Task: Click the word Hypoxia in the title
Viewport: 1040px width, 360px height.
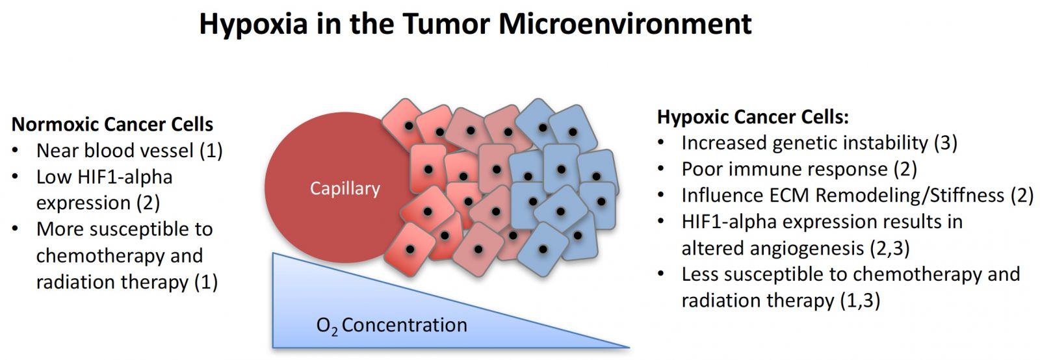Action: pos(253,25)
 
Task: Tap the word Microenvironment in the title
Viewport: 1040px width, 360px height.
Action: pos(625,23)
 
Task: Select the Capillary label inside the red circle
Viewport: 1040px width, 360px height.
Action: pos(345,189)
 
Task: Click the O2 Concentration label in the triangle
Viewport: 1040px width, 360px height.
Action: pos(392,326)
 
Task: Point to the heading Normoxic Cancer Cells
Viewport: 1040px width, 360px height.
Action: pos(112,124)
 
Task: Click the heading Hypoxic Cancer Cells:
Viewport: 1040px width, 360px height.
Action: pos(753,118)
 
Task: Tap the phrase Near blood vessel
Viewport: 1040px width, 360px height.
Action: pos(115,150)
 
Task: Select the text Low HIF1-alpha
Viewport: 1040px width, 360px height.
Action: pos(105,177)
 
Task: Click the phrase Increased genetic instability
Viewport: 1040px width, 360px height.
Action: pos(805,144)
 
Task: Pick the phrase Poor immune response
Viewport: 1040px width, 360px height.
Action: pos(785,170)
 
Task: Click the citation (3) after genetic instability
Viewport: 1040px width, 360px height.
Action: pos(946,144)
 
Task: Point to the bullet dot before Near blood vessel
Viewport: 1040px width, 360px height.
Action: pos(16,150)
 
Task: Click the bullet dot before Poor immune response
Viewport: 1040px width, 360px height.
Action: pos(661,170)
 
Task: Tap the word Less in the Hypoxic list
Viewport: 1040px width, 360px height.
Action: pos(699,274)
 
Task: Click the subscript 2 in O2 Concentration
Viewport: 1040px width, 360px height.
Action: pos(335,333)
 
